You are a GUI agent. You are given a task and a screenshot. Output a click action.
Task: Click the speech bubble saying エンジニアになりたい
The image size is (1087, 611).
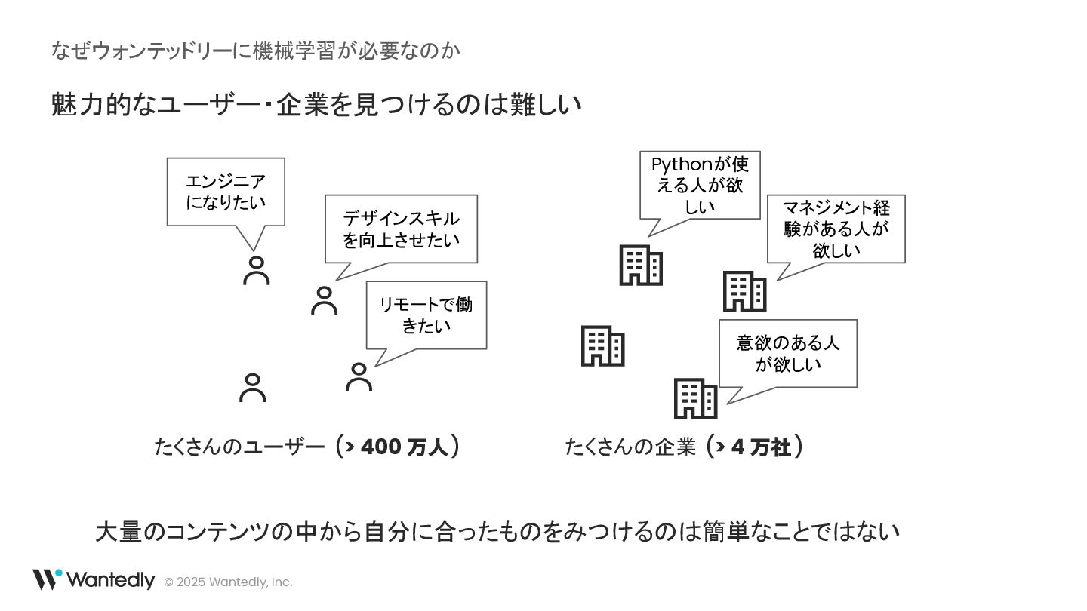[x=226, y=192]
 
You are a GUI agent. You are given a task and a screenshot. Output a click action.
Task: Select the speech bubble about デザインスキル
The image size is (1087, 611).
[x=401, y=229]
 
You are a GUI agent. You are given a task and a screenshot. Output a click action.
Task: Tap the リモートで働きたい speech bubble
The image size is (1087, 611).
[x=426, y=315]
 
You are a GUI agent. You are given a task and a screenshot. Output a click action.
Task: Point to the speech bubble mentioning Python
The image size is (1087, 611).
[x=699, y=185]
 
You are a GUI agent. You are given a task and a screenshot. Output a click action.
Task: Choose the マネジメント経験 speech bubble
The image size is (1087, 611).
[x=836, y=229]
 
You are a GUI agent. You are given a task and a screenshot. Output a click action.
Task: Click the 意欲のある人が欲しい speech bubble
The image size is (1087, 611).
[x=787, y=353]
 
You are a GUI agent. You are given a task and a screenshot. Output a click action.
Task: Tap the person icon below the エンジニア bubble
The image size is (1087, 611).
[x=257, y=270]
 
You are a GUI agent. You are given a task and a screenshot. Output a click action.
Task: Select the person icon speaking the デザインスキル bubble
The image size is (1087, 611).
[x=325, y=300]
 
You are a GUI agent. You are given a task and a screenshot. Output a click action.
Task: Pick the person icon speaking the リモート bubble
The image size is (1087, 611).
[x=359, y=377]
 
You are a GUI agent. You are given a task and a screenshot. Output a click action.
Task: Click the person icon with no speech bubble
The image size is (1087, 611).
[x=252, y=388]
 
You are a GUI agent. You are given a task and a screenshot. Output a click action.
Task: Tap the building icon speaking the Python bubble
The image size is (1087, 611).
[x=641, y=266]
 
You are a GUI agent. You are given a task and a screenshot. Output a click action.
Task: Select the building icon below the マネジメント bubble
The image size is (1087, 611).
[x=744, y=291]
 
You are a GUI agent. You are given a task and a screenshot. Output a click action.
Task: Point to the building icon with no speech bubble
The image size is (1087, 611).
[x=602, y=346]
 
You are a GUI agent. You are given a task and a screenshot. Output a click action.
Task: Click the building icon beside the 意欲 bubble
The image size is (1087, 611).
[x=695, y=399]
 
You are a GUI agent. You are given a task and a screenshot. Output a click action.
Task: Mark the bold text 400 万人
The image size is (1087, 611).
[x=405, y=447]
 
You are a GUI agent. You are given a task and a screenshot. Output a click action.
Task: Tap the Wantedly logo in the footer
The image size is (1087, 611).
[x=93, y=580]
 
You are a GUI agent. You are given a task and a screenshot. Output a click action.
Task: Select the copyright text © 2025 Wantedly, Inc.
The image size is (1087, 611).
[x=228, y=582]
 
